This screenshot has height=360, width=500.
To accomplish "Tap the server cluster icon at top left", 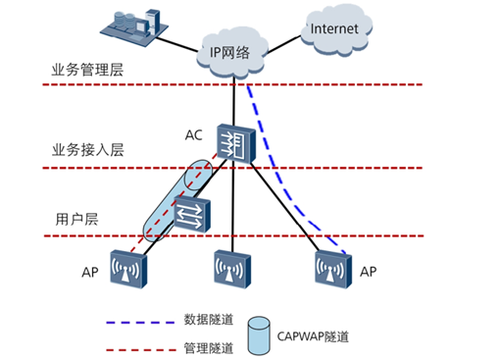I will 137,26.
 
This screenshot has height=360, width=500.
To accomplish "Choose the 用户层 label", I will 75,220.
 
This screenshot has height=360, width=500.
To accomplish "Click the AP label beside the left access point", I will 88,272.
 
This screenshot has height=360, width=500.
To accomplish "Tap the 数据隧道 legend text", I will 206,321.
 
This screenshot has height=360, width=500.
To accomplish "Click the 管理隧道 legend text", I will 206,346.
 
